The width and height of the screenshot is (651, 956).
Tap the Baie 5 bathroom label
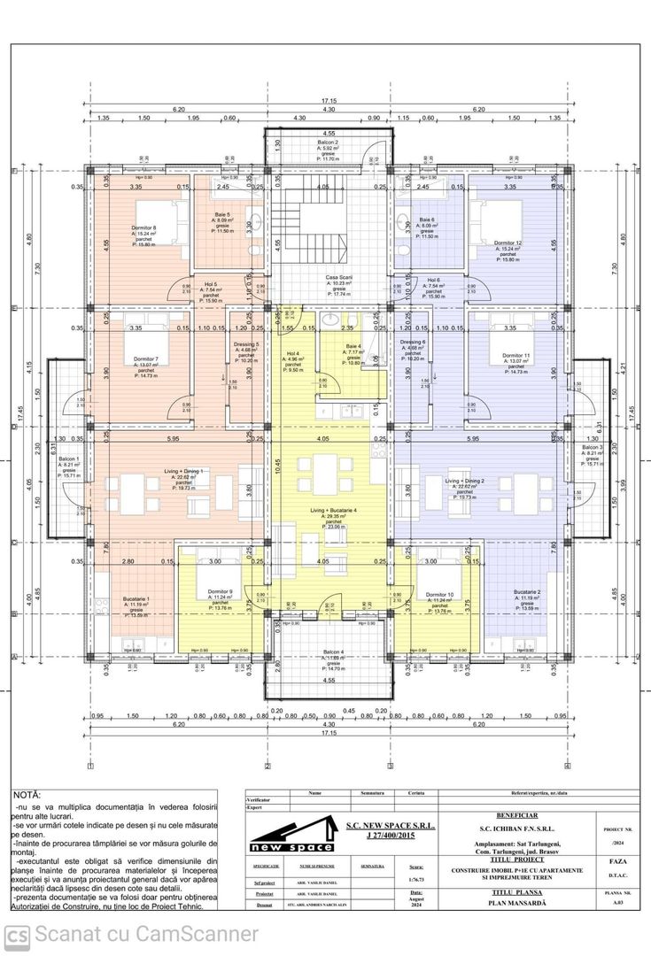[222, 215]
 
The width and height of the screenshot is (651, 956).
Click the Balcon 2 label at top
[329, 142]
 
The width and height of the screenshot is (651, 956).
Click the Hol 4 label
[293, 353]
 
